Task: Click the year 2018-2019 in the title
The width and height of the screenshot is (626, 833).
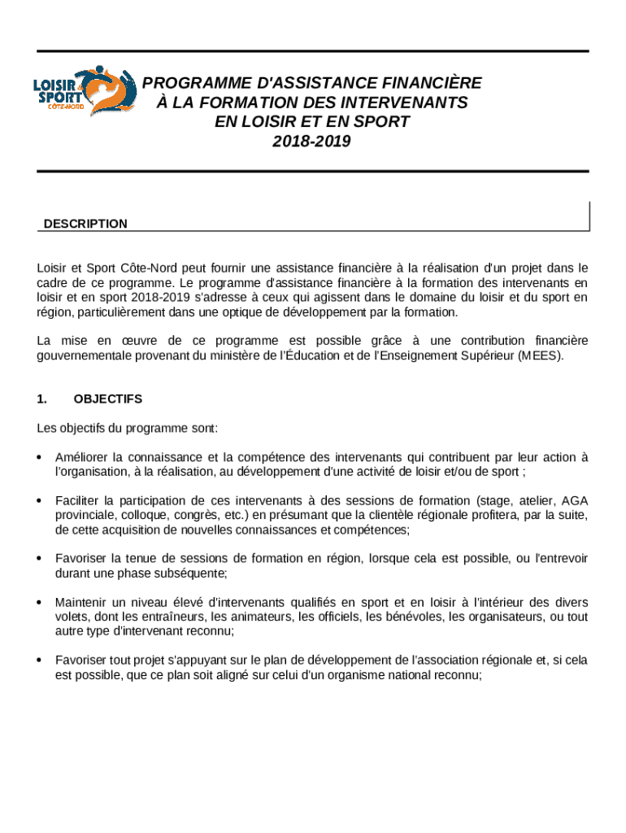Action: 312,142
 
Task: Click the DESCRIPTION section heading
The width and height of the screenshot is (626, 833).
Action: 85,224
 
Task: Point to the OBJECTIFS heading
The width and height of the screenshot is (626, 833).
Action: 107,399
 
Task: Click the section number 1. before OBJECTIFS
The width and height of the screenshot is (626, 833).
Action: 42,399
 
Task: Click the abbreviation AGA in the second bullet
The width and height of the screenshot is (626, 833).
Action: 575,499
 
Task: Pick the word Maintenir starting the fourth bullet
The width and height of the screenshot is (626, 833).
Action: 82,603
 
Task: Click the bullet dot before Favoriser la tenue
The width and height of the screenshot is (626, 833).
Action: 40,559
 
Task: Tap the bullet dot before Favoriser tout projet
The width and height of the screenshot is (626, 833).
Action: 40,661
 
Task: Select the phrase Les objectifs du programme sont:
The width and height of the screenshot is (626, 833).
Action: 127,428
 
